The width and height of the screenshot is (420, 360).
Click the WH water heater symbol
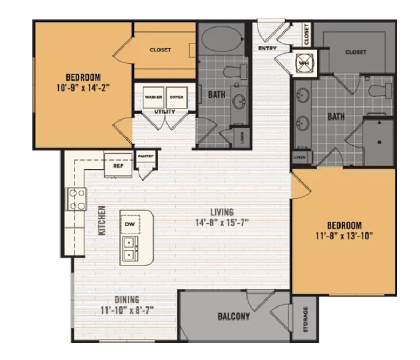click(302, 62)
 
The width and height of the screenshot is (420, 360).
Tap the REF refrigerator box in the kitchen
click(118, 166)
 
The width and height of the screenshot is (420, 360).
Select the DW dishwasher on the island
click(130, 224)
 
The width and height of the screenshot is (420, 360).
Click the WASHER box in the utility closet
click(154, 97)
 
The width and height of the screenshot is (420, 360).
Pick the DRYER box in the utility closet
click(176, 97)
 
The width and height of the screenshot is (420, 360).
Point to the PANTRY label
click(145, 157)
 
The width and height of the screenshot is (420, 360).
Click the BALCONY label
click(234, 317)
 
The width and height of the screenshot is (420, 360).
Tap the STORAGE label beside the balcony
click(305, 319)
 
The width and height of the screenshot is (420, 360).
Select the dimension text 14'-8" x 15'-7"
click(222, 222)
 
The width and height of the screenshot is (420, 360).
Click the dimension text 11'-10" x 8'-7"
click(127, 310)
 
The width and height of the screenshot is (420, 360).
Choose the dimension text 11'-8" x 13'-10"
click(344, 235)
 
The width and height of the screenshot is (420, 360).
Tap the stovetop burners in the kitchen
click(75, 198)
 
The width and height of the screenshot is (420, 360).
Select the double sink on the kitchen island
click(130, 249)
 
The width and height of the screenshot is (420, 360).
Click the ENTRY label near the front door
click(267, 49)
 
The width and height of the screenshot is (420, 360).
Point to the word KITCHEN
click(102, 221)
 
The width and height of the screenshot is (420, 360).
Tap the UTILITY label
click(164, 111)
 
